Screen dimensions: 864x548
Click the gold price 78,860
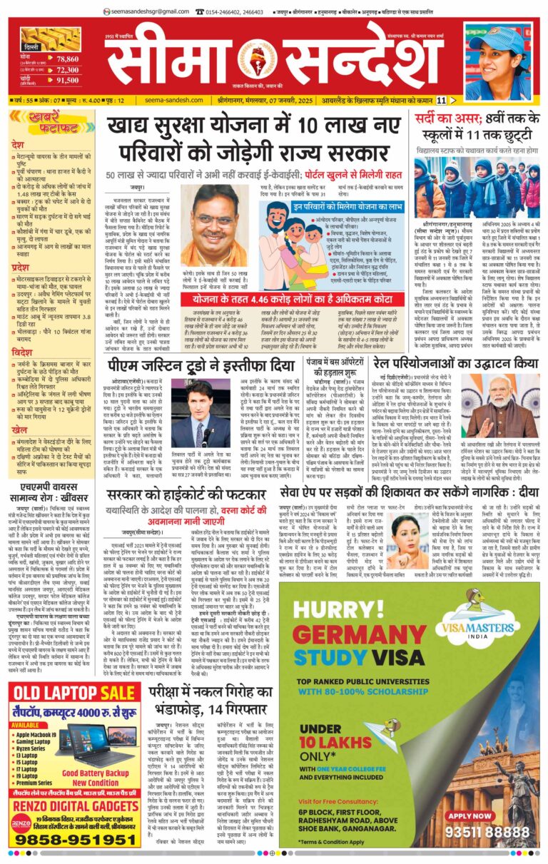coord(67,60)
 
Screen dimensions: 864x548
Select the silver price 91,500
coord(67,81)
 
